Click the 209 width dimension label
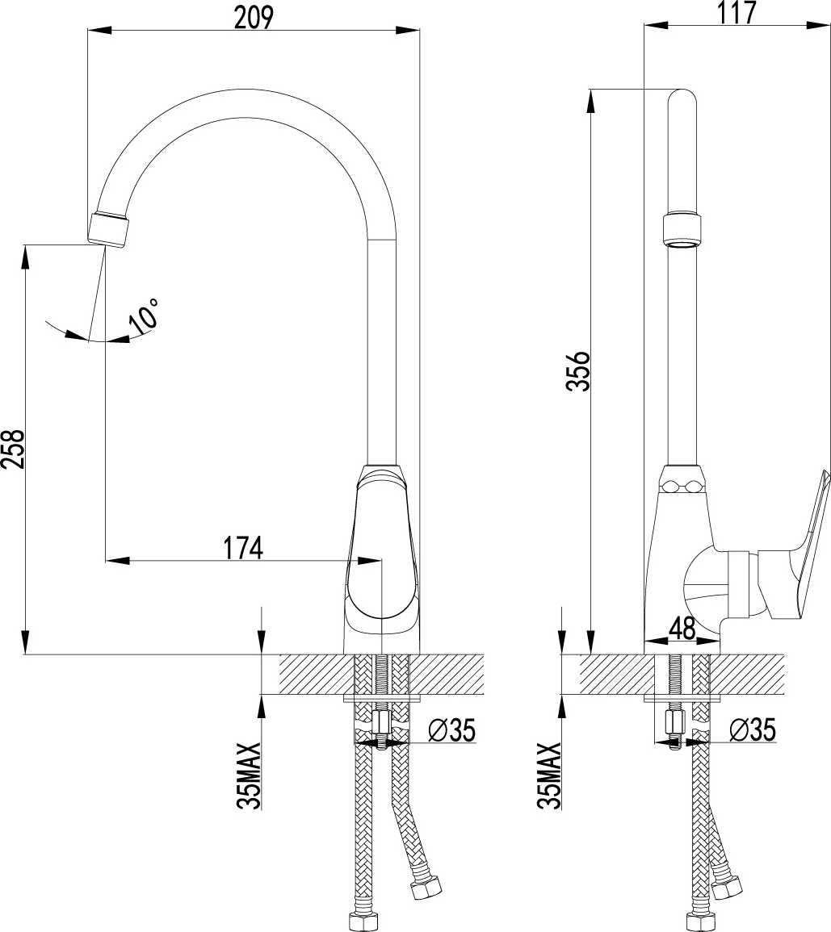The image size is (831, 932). pyautogui.click(x=254, y=18)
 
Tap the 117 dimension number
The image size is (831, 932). pyautogui.click(x=737, y=12)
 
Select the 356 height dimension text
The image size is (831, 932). pyautogui.click(x=577, y=371)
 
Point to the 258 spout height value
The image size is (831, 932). pyautogui.click(x=12, y=449)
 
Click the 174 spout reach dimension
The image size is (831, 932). pyautogui.click(x=243, y=548)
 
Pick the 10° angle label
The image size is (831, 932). pyautogui.click(x=145, y=315)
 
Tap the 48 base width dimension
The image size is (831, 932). pyautogui.click(x=682, y=629)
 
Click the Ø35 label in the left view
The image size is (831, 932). pyautogui.click(x=453, y=730)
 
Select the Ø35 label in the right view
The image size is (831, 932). pyautogui.click(x=753, y=729)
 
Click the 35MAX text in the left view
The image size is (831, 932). pyautogui.click(x=250, y=775)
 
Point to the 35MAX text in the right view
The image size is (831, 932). pyautogui.click(x=549, y=775)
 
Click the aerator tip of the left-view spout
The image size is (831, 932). pyautogui.click(x=110, y=229)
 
